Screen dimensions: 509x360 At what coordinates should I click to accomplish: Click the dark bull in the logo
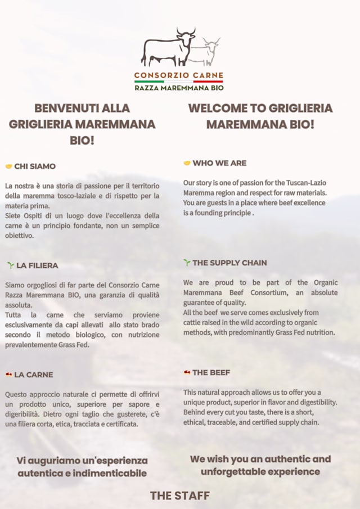166,48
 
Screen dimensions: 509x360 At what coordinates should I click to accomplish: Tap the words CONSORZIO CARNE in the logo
179,75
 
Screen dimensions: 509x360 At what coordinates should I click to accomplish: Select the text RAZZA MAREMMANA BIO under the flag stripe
179,88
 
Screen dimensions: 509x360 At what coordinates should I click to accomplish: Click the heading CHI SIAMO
35,166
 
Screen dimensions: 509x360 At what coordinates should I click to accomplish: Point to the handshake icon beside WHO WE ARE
187,163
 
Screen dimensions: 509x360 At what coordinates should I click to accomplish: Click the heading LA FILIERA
37,265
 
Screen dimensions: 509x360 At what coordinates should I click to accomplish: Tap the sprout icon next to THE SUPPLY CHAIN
187,263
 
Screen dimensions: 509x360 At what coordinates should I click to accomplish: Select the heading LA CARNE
34,375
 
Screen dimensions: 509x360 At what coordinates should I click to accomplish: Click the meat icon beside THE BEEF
187,372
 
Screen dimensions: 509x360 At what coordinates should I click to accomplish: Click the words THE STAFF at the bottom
179,496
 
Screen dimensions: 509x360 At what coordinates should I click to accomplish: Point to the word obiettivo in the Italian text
20,236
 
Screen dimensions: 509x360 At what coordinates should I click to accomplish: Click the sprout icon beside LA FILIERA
10,265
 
